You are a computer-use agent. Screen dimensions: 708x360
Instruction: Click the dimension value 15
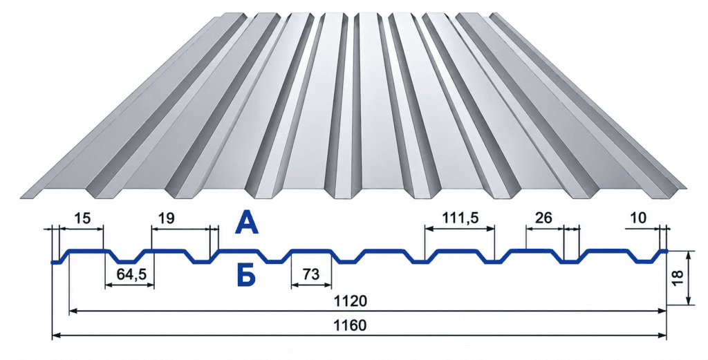pyautogui.click(x=82, y=219)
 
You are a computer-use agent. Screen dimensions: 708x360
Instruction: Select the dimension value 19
pyautogui.click(x=166, y=219)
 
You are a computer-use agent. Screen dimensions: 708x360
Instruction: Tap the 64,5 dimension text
pyautogui.click(x=129, y=274)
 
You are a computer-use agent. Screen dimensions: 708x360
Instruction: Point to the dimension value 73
pyautogui.click(x=312, y=274)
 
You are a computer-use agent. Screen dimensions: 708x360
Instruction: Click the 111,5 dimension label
pyautogui.click(x=460, y=218)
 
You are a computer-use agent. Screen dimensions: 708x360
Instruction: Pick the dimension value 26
pyautogui.click(x=543, y=218)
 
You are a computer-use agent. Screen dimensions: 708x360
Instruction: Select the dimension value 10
pyautogui.click(x=637, y=218)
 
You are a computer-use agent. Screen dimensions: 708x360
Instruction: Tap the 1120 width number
pyautogui.click(x=350, y=301)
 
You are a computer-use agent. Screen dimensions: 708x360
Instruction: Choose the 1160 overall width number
pyautogui.click(x=350, y=325)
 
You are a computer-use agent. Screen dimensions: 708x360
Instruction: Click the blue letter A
pyautogui.click(x=247, y=223)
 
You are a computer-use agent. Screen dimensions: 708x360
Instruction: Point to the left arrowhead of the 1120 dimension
pyautogui.click(x=74, y=310)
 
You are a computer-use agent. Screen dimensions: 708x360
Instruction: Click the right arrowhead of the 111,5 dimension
pyautogui.click(x=490, y=229)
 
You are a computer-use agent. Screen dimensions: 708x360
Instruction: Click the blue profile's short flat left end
pyautogui.click(x=56, y=262)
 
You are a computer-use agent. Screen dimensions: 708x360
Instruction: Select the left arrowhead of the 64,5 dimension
pyautogui.click(x=109, y=285)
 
